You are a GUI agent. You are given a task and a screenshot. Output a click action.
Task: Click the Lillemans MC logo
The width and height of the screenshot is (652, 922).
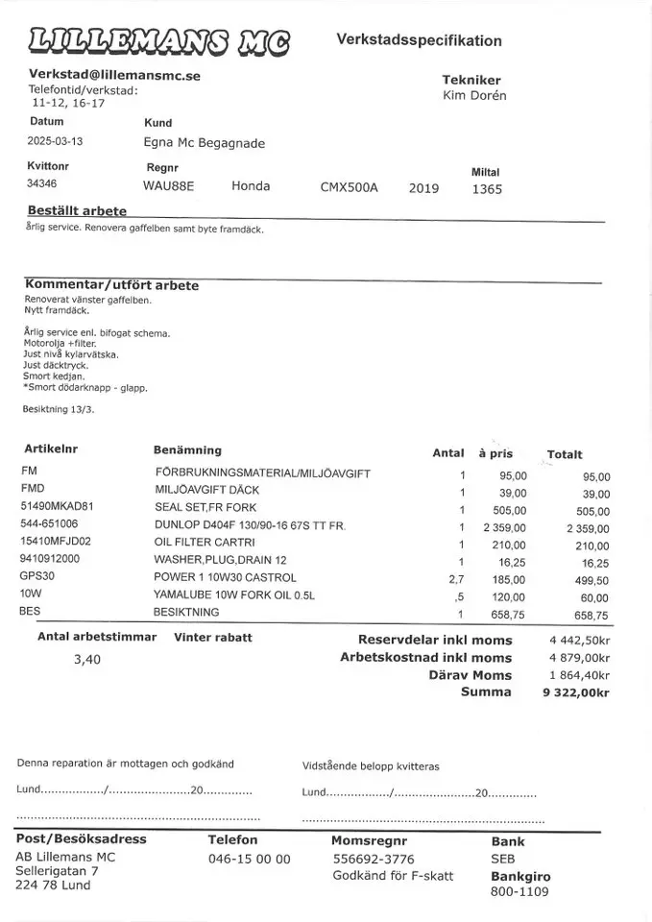click(x=160, y=40)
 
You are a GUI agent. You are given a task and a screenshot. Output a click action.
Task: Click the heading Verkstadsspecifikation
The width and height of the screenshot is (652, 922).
click(x=419, y=40)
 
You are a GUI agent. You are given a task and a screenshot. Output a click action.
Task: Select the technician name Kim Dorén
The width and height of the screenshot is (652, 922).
click(x=474, y=95)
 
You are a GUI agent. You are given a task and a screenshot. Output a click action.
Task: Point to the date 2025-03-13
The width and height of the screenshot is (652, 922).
click(x=56, y=140)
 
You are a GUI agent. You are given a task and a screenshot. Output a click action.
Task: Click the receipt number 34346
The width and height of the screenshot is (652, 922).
click(x=41, y=183)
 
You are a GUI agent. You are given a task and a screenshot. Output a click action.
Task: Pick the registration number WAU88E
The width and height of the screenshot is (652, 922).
click(x=168, y=186)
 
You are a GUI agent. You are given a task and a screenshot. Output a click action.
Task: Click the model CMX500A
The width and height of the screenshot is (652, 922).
click(x=349, y=187)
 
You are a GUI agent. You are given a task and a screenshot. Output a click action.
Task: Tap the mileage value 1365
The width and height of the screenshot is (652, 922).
click(x=487, y=189)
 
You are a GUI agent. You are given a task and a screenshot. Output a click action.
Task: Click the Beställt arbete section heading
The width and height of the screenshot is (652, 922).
click(x=77, y=210)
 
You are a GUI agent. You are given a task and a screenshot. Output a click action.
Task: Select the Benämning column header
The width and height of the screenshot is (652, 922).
click(x=187, y=449)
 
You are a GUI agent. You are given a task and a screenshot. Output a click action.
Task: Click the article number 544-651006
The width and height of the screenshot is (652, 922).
click(x=49, y=524)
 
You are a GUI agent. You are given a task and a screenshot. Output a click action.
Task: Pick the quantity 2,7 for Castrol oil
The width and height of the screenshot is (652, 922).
click(x=456, y=579)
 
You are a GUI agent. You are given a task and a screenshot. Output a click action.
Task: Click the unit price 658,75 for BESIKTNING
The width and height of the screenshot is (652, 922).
click(x=509, y=614)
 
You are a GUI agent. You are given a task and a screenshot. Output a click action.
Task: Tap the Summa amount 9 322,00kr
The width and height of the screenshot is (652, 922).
click(x=575, y=692)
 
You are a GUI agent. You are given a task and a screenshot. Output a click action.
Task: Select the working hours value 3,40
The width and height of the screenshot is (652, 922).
click(x=86, y=660)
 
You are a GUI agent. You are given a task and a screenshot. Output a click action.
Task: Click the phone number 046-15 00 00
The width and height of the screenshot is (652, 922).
click(x=249, y=860)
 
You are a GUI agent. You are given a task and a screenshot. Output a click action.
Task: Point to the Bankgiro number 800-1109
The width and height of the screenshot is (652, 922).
click(x=519, y=891)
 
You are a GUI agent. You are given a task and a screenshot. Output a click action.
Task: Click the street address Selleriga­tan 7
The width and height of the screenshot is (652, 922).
click(x=57, y=871)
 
